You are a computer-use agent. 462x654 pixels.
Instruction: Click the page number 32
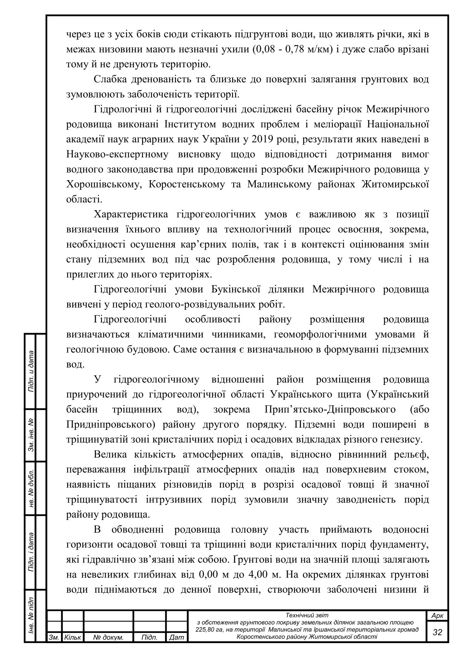click(x=437, y=632)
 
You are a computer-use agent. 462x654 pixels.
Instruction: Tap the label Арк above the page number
click(x=438, y=616)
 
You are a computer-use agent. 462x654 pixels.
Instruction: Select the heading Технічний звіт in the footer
click(x=307, y=615)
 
